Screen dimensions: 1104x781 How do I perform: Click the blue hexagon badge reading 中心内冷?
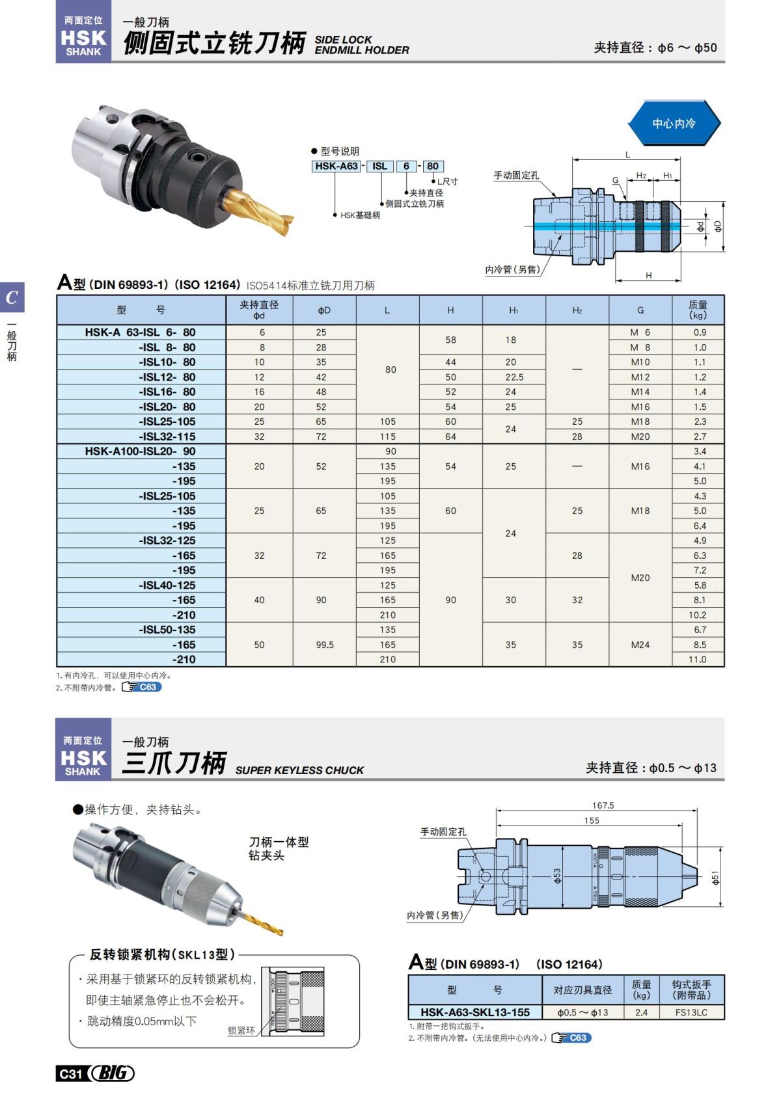pyautogui.click(x=674, y=123)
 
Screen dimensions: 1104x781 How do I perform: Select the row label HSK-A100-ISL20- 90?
pyautogui.click(x=140, y=451)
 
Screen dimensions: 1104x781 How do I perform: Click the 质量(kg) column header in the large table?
pyautogui.click(x=698, y=310)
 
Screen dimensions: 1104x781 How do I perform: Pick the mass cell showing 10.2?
pyautogui.click(x=698, y=615)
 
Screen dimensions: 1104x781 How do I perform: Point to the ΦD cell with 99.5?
pyautogui.click(x=324, y=645)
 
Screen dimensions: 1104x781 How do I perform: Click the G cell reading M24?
pyautogui.click(x=640, y=645)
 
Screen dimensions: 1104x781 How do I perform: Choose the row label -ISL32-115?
pyautogui.click(x=167, y=437)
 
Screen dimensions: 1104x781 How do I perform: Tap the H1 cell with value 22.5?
pyautogui.click(x=514, y=377)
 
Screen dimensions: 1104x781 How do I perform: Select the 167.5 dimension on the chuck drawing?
pyautogui.click(x=603, y=805)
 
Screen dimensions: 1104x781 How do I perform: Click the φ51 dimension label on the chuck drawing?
pyautogui.click(x=716, y=878)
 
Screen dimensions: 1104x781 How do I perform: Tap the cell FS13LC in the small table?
pyautogui.click(x=691, y=1012)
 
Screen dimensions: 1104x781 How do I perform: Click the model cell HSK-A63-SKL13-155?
pyautogui.click(x=475, y=1012)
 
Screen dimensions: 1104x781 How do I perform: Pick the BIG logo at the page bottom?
pyautogui.click(x=112, y=1073)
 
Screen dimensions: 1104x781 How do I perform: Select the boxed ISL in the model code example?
pyautogui.click(x=379, y=167)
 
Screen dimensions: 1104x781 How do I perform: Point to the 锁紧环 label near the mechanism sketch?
pyautogui.click(x=241, y=1030)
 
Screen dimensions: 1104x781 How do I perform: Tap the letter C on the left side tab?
pyautogui.click(x=12, y=298)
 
